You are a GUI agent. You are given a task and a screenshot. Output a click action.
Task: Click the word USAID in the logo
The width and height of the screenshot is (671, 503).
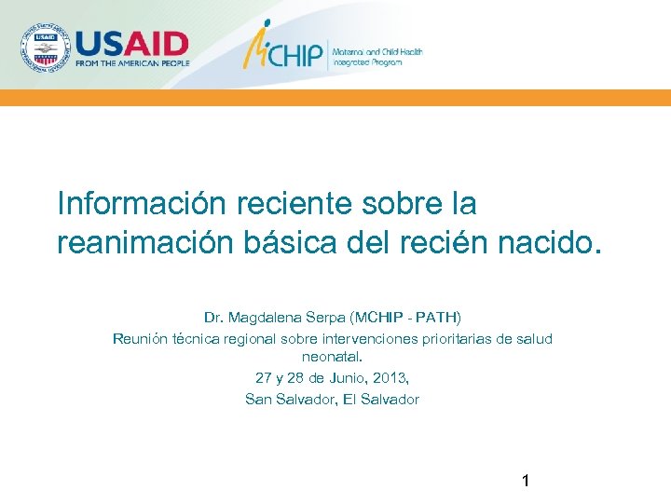click(132, 44)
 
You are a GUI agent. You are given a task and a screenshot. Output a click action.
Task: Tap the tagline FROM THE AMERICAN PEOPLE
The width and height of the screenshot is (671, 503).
click(132, 63)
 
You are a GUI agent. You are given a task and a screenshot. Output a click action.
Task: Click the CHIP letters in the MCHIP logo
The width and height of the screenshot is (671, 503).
click(296, 53)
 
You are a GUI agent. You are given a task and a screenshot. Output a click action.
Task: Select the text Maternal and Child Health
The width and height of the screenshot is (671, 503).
click(378, 52)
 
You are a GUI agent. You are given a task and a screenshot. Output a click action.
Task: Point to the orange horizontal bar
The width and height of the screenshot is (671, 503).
click(335, 98)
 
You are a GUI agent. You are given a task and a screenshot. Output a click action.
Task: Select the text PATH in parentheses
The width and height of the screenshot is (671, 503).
click(435, 318)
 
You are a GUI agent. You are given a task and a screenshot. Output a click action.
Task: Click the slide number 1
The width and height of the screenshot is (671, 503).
click(526, 482)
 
